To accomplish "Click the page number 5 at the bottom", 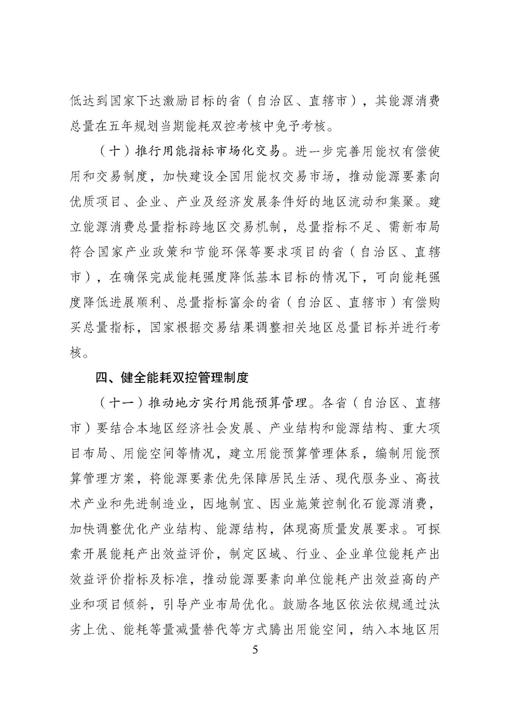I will (x=256, y=650).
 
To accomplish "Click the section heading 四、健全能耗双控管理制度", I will (x=172, y=378).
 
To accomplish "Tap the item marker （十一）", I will (x=116, y=403).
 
